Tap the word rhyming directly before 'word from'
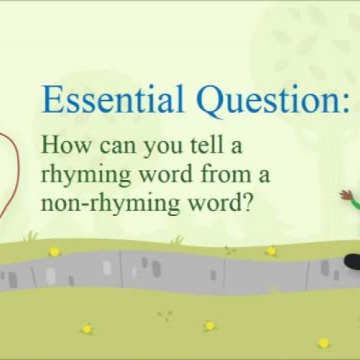click(81, 173)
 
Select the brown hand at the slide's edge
click(346, 195)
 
